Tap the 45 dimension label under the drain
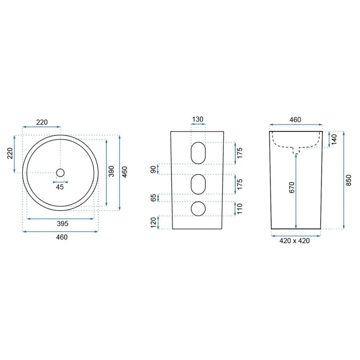click(60, 187)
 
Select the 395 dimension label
click(63, 224)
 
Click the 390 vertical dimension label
click(111, 171)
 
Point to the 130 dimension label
click(198, 120)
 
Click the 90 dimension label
click(153, 170)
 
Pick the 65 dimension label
click(153, 198)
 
